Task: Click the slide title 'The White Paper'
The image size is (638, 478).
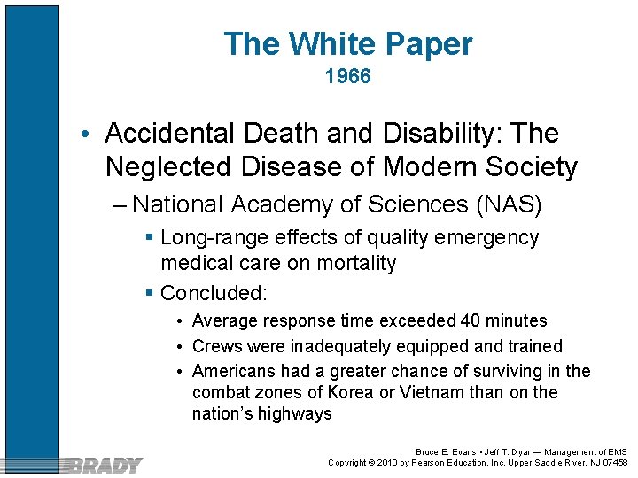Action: click(347, 43)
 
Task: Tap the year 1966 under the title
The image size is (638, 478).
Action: click(347, 77)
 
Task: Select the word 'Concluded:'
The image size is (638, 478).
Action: click(214, 293)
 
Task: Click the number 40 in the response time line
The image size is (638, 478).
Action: click(468, 320)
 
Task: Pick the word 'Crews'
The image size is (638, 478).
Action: click(216, 346)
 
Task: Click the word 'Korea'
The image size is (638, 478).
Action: click(350, 392)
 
